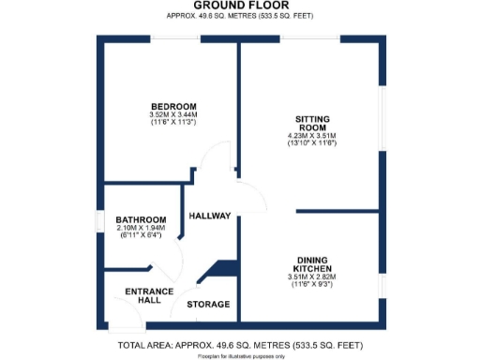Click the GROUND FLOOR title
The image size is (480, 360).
(x=240, y=7)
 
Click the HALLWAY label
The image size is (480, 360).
(x=210, y=216)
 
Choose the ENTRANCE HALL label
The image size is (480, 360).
(x=149, y=296)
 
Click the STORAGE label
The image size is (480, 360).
(x=208, y=305)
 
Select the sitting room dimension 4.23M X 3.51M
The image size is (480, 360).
(x=311, y=136)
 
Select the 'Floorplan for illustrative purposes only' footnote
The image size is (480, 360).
(x=240, y=356)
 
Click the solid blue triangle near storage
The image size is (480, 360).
(x=223, y=269)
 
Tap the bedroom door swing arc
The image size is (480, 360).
(x=217, y=155)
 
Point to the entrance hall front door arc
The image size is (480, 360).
(x=131, y=319)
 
